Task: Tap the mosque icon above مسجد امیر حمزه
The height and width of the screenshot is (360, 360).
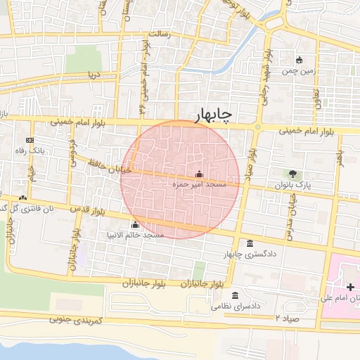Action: click(199, 174)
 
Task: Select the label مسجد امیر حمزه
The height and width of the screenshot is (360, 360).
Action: click(200, 184)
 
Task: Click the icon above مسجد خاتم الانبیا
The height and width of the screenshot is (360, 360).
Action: click(135, 224)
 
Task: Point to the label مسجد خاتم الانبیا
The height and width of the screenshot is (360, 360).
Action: click(134, 235)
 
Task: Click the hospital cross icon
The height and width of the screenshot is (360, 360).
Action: click(351, 288)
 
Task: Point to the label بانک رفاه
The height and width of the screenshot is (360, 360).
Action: click(31, 150)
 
